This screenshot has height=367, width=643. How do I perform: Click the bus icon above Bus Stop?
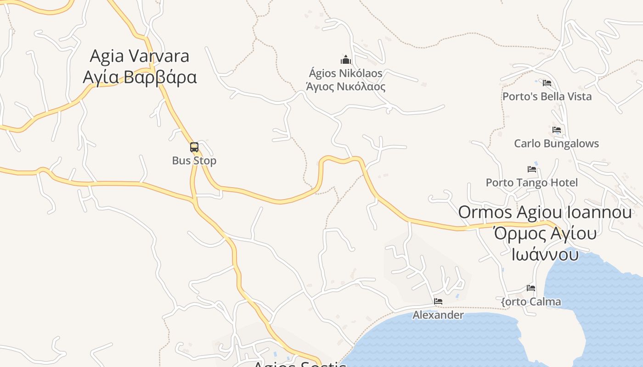click(194, 147)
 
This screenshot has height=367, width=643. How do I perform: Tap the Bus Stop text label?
click(194, 161)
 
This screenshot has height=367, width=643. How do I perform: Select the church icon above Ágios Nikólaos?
click(345, 60)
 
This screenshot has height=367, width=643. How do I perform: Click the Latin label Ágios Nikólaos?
click(345, 73)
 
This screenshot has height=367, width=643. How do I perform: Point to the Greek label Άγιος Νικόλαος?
click(345, 86)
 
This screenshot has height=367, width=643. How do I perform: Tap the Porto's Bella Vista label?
click(547, 96)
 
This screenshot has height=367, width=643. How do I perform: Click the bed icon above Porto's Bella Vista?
click(547, 83)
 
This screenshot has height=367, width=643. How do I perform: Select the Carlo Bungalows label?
click(556, 144)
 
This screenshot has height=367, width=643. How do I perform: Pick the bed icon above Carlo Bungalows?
click(557, 130)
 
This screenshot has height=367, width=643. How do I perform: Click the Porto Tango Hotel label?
click(532, 183)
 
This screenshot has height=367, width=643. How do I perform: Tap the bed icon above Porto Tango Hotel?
click(532, 169)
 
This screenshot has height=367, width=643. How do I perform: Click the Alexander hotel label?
click(438, 315)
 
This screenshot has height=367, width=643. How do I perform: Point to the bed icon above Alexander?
click(438, 301)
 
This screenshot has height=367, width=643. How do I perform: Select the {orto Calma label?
click(531, 301)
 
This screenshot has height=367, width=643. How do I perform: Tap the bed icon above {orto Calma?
click(531, 288)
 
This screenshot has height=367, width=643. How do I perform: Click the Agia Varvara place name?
click(139, 56)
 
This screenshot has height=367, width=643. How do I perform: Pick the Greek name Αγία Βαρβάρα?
click(139, 77)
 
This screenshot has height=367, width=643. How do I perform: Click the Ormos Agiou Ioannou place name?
click(545, 212)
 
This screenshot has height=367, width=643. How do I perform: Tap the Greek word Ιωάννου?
click(545, 254)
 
